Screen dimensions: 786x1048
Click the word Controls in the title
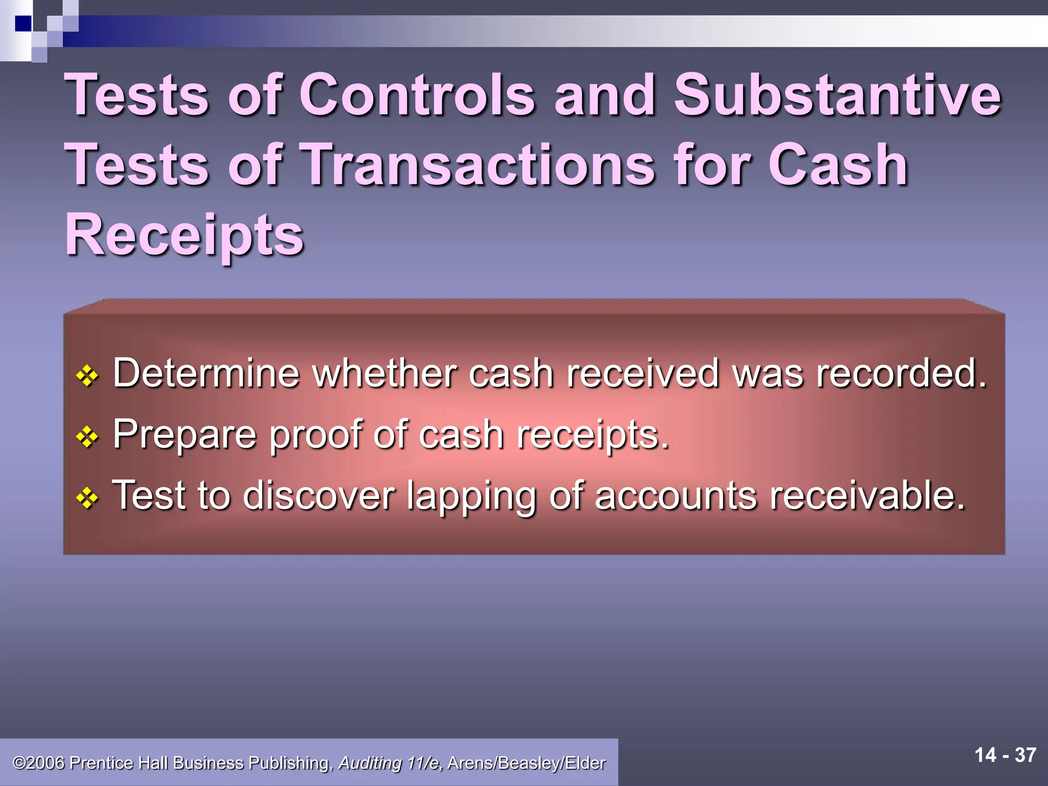(417, 95)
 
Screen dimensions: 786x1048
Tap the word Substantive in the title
(837, 95)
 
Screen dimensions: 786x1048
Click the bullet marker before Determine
(87, 376)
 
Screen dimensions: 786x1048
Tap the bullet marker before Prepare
(87, 437)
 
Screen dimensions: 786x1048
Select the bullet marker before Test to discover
(87, 497)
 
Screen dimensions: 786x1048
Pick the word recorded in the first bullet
(901, 373)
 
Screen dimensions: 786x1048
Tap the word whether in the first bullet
(384, 373)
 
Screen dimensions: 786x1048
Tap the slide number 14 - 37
(1005, 755)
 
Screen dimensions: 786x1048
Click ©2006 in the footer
(39, 763)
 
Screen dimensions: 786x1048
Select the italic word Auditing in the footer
(370, 763)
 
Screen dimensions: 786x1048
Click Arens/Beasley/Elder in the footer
(526, 763)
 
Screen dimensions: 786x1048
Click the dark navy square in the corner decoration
(23, 24)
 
